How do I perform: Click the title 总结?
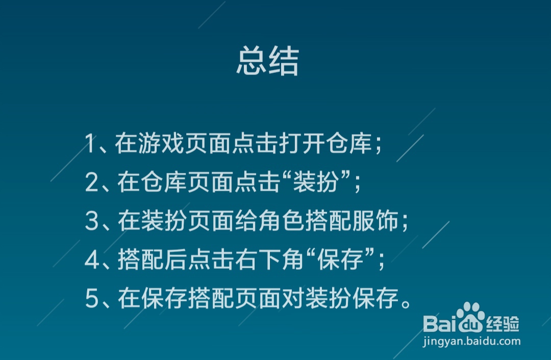268,61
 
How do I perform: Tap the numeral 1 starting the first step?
90,143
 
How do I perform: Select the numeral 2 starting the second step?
92,182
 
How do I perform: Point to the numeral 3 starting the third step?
92,221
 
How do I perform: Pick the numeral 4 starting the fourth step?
92,260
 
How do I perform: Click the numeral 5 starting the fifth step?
92,298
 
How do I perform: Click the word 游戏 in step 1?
161,143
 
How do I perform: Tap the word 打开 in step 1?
302,143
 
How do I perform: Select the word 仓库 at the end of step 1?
349,143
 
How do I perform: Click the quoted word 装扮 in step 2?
316,182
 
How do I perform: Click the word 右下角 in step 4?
270,260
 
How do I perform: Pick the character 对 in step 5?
293,298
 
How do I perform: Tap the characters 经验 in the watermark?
503,324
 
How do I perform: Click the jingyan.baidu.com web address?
472,341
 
